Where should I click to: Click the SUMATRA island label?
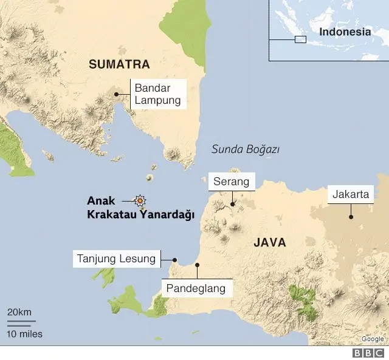point(119,64)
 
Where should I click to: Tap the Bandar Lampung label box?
point(158,94)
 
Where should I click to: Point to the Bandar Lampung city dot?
point(116,94)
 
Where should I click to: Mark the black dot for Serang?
point(232,205)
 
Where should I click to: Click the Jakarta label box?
point(351,194)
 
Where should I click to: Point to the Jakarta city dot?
point(351,216)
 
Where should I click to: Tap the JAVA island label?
point(269,243)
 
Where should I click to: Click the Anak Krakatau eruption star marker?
point(140,200)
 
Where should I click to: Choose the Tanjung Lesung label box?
point(117,259)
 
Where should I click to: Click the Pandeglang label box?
point(197,288)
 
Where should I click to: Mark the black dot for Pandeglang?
point(197,265)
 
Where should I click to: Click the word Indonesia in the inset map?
point(345,32)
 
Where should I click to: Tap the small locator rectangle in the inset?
point(300,40)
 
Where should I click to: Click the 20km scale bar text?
point(19,312)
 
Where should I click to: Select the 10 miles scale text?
point(25,334)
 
